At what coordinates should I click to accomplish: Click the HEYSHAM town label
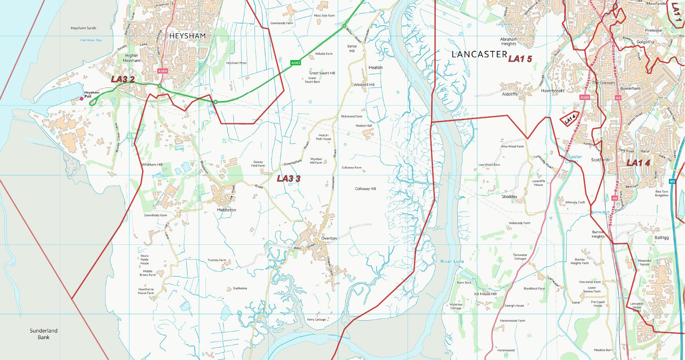click(187, 36)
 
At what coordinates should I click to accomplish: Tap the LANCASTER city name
click(479, 55)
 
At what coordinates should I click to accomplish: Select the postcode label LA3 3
click(288, 179)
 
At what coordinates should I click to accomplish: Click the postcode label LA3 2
click(122, 79)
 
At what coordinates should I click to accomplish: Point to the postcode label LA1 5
click(520, 59)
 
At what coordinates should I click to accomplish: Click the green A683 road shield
click(295, 63)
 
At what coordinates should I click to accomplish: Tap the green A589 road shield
click(162, 71)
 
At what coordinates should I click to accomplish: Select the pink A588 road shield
click(585, 98)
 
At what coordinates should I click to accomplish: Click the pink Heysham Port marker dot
click(82, 98)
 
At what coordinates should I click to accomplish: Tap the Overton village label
click(329, 238)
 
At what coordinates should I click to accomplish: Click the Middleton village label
click(226, 210)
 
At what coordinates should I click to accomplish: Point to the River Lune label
click(452, 261)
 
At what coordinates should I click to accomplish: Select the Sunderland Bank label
click(43, 334)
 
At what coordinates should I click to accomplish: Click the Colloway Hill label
click(365, 189)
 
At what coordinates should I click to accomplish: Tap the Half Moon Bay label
click(91, 40)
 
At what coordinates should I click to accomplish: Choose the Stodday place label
click(509, 197)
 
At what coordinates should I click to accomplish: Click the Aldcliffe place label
click(510, 94)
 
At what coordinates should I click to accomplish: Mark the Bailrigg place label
click(662, 238)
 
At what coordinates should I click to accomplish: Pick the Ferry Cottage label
click(316, 319)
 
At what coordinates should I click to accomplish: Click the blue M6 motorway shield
click(673, 181)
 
